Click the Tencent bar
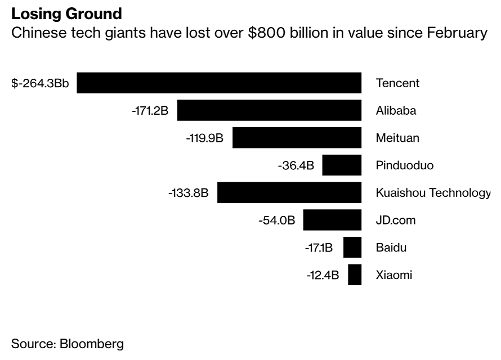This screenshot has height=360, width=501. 219,83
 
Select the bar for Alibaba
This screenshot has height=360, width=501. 269,110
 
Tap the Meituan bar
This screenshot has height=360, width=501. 297,138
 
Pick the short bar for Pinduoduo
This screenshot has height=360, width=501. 342,165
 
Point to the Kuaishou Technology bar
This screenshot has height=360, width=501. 289,193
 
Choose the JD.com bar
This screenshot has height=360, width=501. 332,220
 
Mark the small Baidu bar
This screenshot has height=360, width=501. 352,247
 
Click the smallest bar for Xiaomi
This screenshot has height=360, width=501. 355,275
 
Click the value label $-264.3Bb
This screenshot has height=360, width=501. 40,83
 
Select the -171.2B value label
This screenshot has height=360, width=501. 150,111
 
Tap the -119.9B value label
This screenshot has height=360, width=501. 204,138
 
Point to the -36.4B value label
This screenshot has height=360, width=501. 296,166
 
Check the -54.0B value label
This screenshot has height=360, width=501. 276,220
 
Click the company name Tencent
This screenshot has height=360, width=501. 397,83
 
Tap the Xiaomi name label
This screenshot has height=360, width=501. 394,276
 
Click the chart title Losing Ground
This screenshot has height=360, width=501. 66,13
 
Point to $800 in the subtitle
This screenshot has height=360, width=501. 262,33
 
